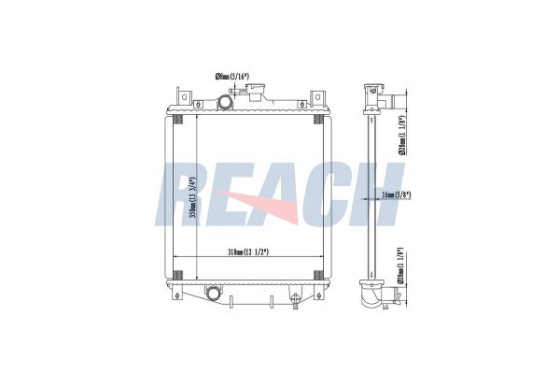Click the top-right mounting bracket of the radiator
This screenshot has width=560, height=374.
pos(319,96)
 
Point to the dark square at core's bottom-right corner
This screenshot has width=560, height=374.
pos(319,273)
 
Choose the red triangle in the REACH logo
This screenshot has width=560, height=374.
pos(271,206)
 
